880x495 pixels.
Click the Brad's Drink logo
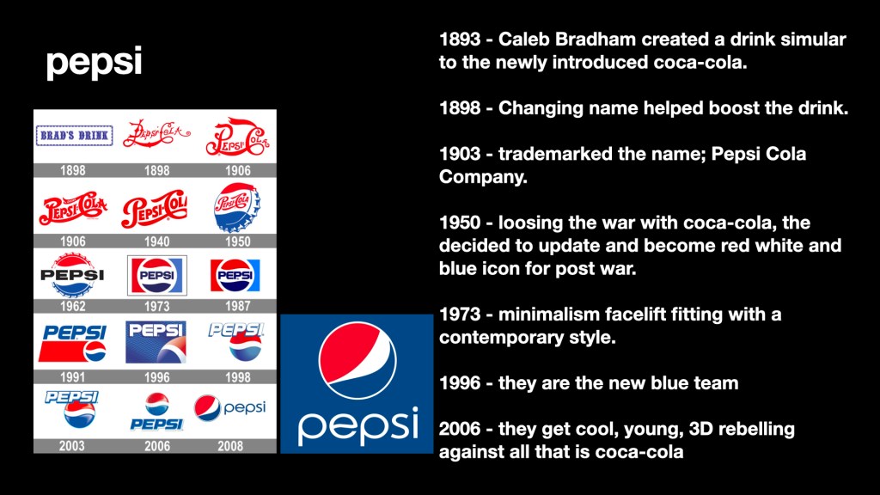(x=74, y=136)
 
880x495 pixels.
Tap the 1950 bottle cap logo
(x=237, y=207)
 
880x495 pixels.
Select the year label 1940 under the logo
(x=156, y=241)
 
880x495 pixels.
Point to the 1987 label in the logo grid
(x=237, y=306)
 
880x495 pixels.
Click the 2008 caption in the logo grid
(x=230, y=446)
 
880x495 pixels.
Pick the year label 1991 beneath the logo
(x=72, y=377)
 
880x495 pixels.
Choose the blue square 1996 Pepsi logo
(x=156, y=342)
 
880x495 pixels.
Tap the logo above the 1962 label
(x=72, y=275)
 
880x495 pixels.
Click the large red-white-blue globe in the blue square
(x=357, y=360)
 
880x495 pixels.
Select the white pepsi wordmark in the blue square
(x=358, y=426)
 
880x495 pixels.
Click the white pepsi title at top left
(x=94, y=62)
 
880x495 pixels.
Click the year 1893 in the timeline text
(x=460, y=40)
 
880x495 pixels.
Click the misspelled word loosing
(x=530, y=223)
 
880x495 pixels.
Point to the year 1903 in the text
(x=460, y=154)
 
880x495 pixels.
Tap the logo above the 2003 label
(x=72, y=409)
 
